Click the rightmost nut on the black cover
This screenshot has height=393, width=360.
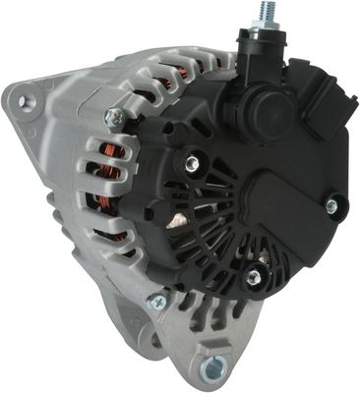(331, 205)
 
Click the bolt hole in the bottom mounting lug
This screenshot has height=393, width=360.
(210, 368)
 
